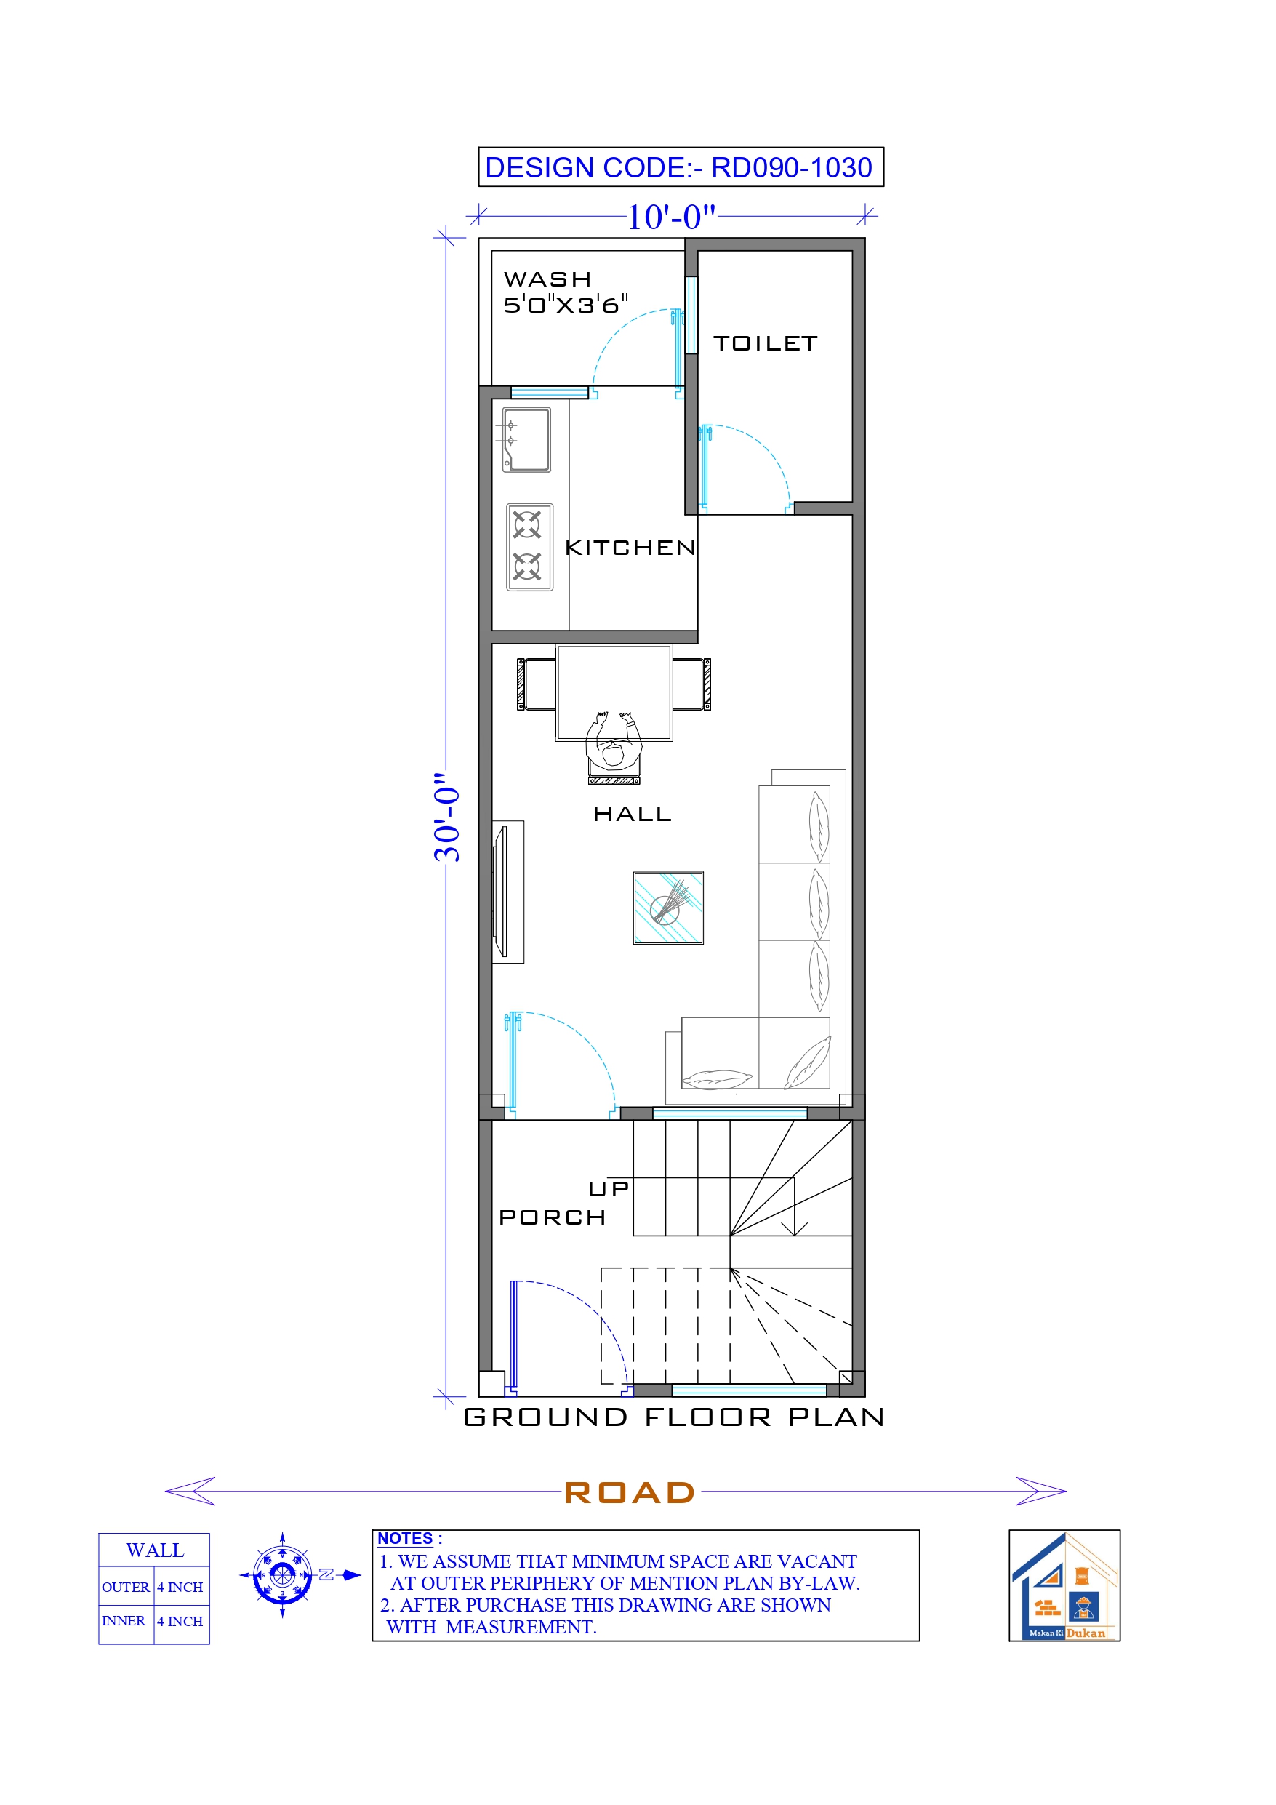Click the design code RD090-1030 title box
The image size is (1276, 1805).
coord(680,167)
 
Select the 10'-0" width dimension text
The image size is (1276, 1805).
coord(670,217)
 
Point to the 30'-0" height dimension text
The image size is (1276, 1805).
coord(447,817)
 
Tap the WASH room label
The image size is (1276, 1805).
coord(547,280)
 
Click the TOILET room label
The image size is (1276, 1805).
coord(765,343)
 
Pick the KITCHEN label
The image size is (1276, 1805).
coord(630,548)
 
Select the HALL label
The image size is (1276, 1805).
coord(632,815)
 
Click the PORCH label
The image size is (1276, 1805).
coord(552,1217)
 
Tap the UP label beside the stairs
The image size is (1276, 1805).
coord(609,1190)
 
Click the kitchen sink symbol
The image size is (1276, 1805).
coord(526,439)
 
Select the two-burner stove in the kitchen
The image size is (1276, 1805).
coord(529,547)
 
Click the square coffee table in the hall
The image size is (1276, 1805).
coord(668,908)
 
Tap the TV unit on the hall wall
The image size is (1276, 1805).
coord(506,892)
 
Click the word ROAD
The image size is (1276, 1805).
coord(630,1493)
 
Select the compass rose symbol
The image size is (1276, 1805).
coord(282,1575)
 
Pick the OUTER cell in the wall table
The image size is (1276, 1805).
coord(125,1588)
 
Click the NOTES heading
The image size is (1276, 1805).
coord(406,1539)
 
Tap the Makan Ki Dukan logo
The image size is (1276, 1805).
coord(1064,1585)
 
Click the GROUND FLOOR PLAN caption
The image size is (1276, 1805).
coord(674,1417)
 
